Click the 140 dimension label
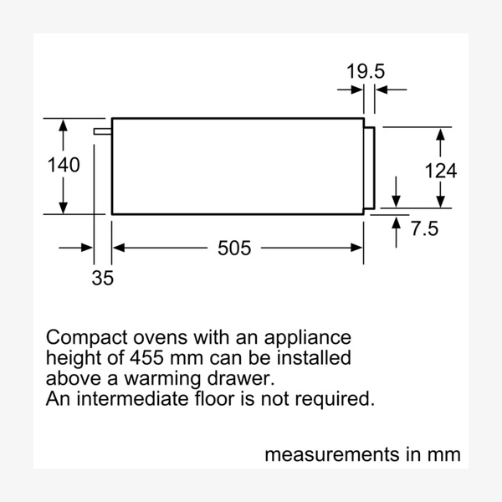(64, 166)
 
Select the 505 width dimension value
(234, 248)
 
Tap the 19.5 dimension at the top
(366, 72)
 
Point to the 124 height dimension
(440, 172)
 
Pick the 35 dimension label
(102, 278)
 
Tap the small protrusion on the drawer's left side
(103, 131)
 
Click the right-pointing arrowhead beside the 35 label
(87, 248)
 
